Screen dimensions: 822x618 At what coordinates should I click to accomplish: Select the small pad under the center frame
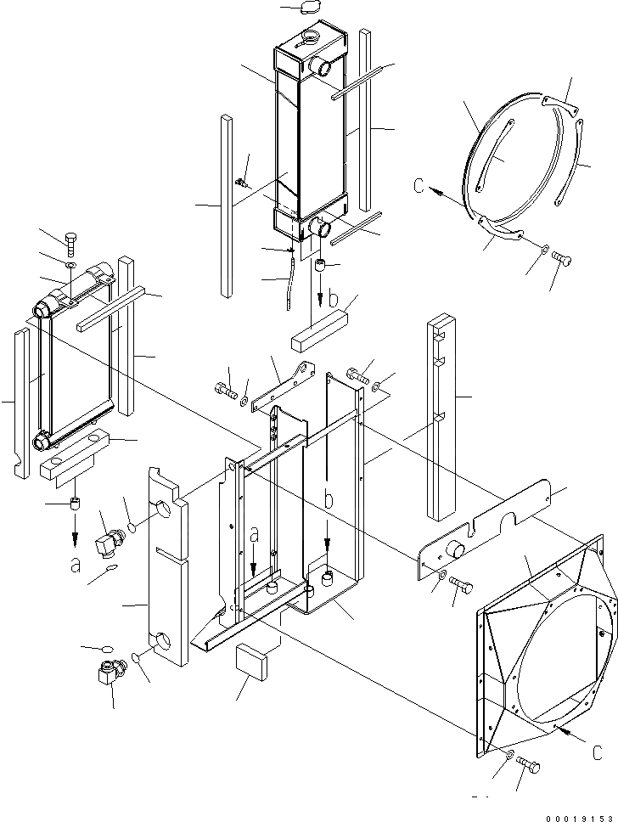coord(254,660)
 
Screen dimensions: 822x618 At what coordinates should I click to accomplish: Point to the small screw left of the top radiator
coord(241,182)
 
